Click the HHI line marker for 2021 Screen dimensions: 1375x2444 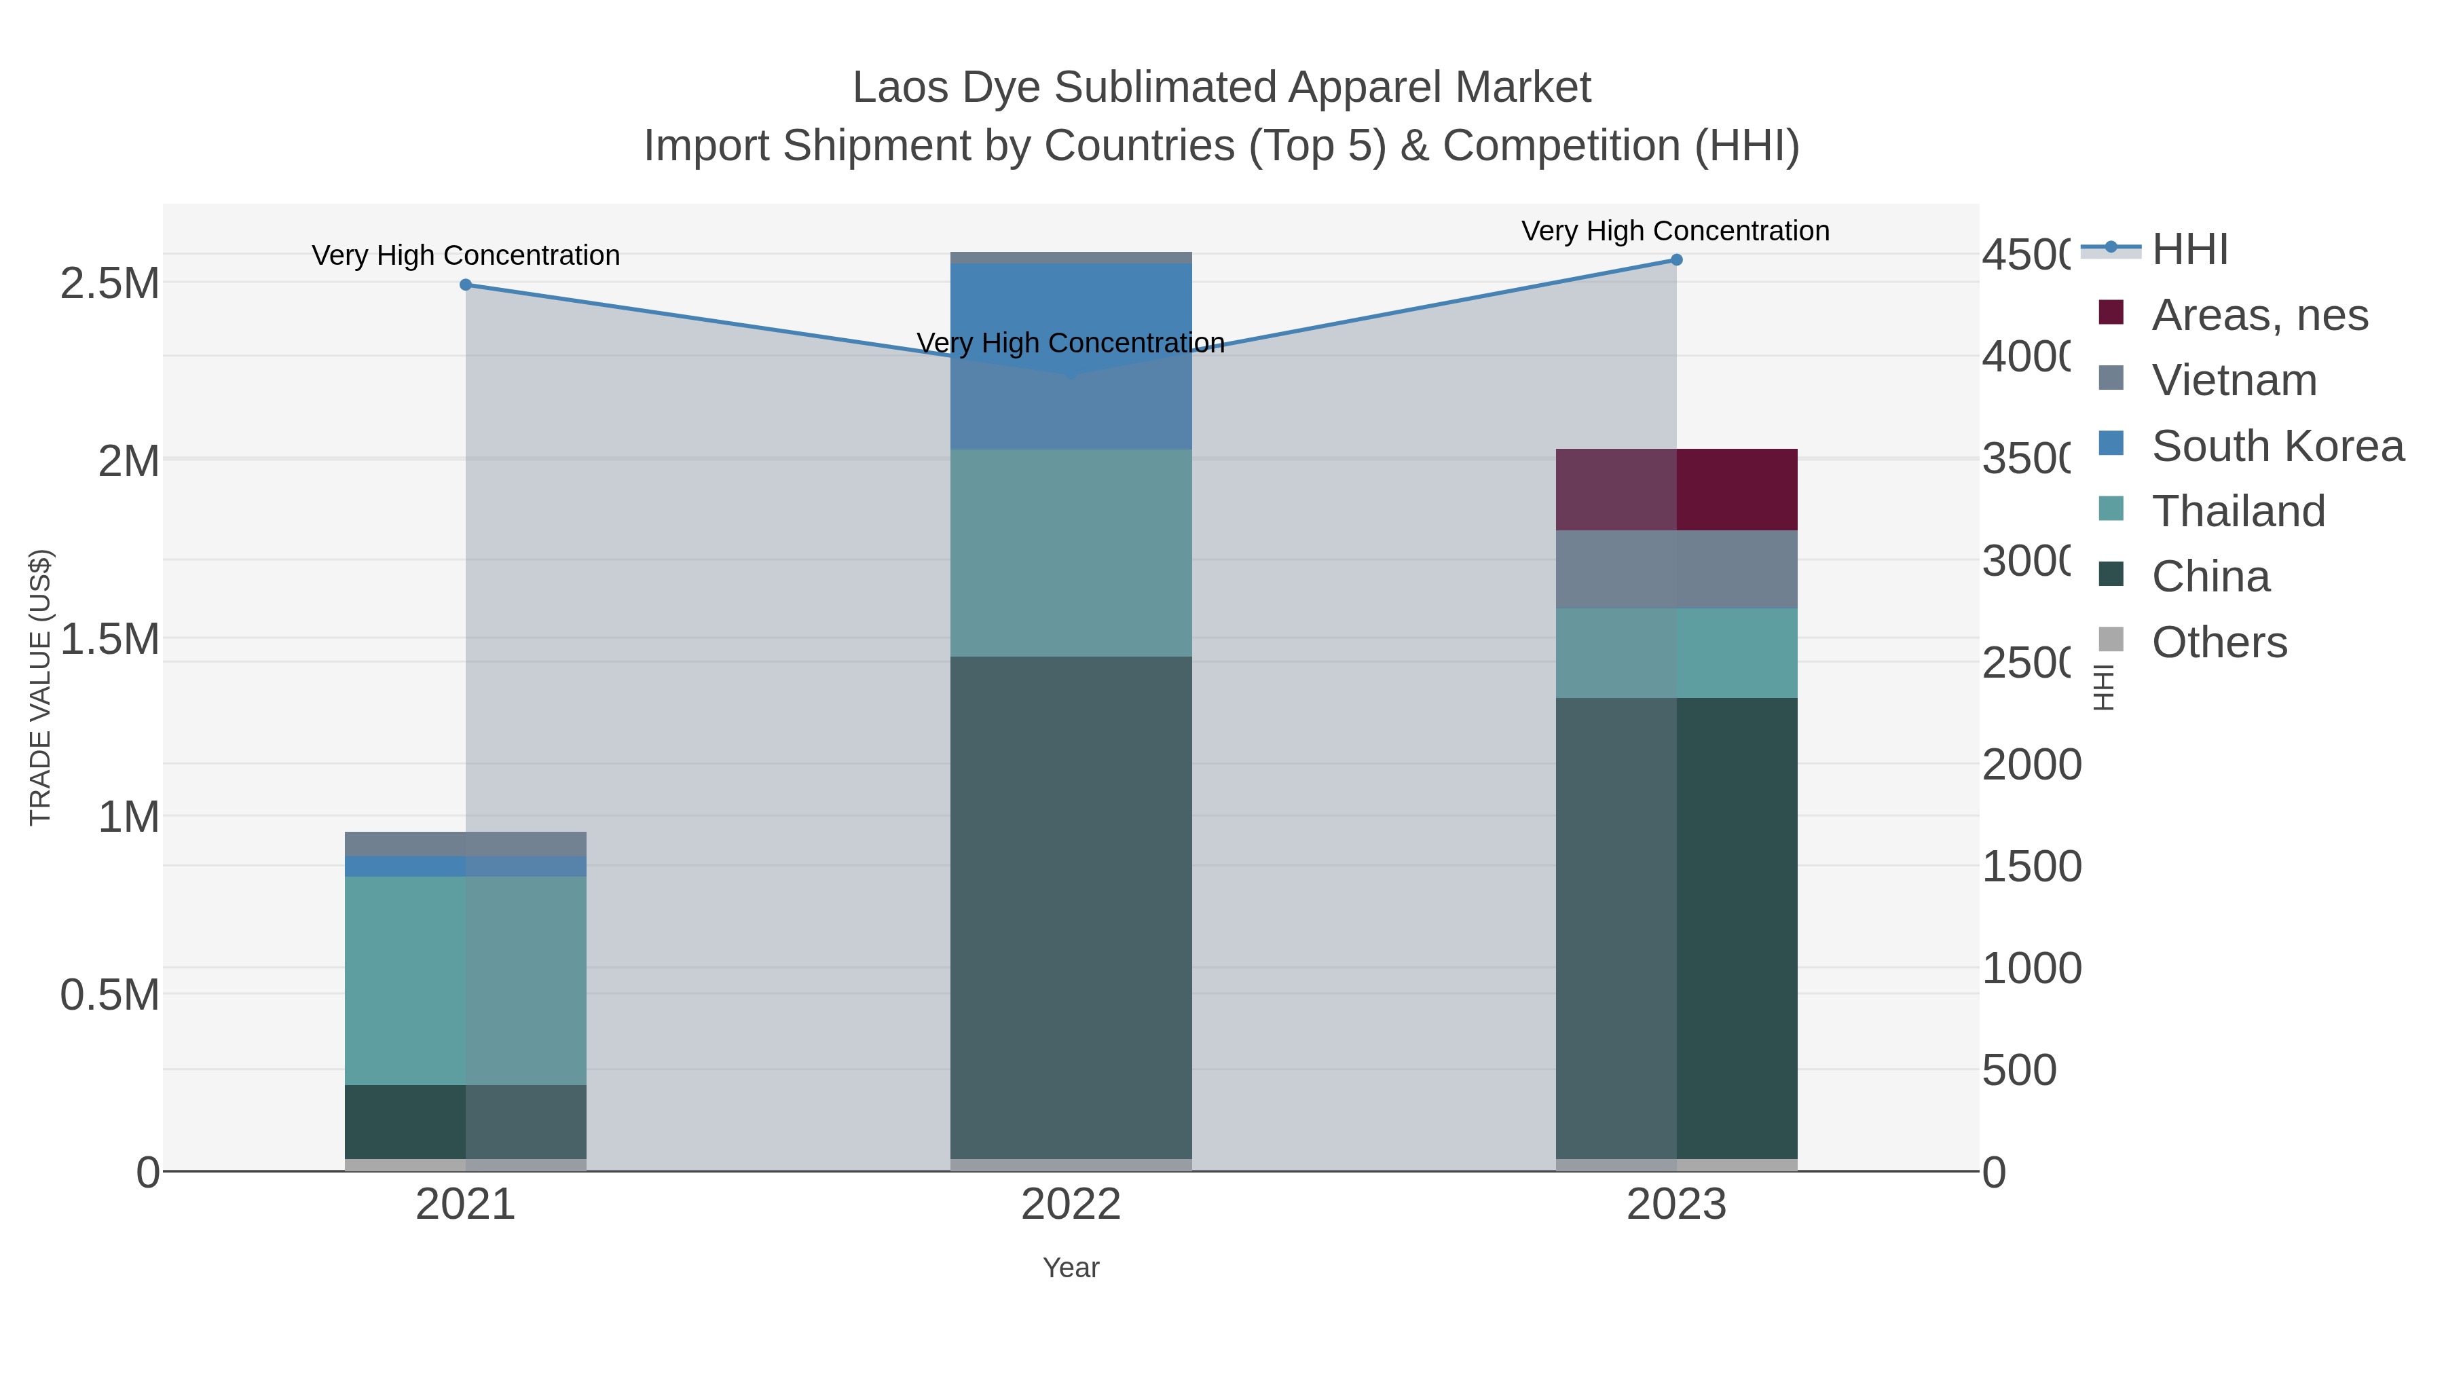click(465, 285)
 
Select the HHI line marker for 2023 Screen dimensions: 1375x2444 click(1676, 260)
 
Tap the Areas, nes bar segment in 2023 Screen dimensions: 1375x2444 click(1676, 490)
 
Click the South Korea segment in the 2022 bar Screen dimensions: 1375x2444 click(1071, 313)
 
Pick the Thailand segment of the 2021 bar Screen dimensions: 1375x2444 click(465, 980)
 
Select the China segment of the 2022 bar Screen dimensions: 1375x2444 click(1071, 907)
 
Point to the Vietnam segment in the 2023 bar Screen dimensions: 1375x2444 click(1676, 570)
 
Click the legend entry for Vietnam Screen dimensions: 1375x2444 click(2234, 380)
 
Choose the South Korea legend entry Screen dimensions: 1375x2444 click(2277, 446)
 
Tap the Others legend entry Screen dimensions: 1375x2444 click(2218, 642)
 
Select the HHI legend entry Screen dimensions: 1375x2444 click(2189, 250)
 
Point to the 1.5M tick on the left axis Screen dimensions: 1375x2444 click(110, 640)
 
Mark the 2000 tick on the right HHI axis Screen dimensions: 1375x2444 click(2031, 765)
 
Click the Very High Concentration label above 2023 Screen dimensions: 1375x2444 click(1675, 231)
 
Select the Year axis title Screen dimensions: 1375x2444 click(1071, 1268)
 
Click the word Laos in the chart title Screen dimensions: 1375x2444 click(900, 88)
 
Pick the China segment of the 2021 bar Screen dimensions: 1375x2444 click(465, 1122)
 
